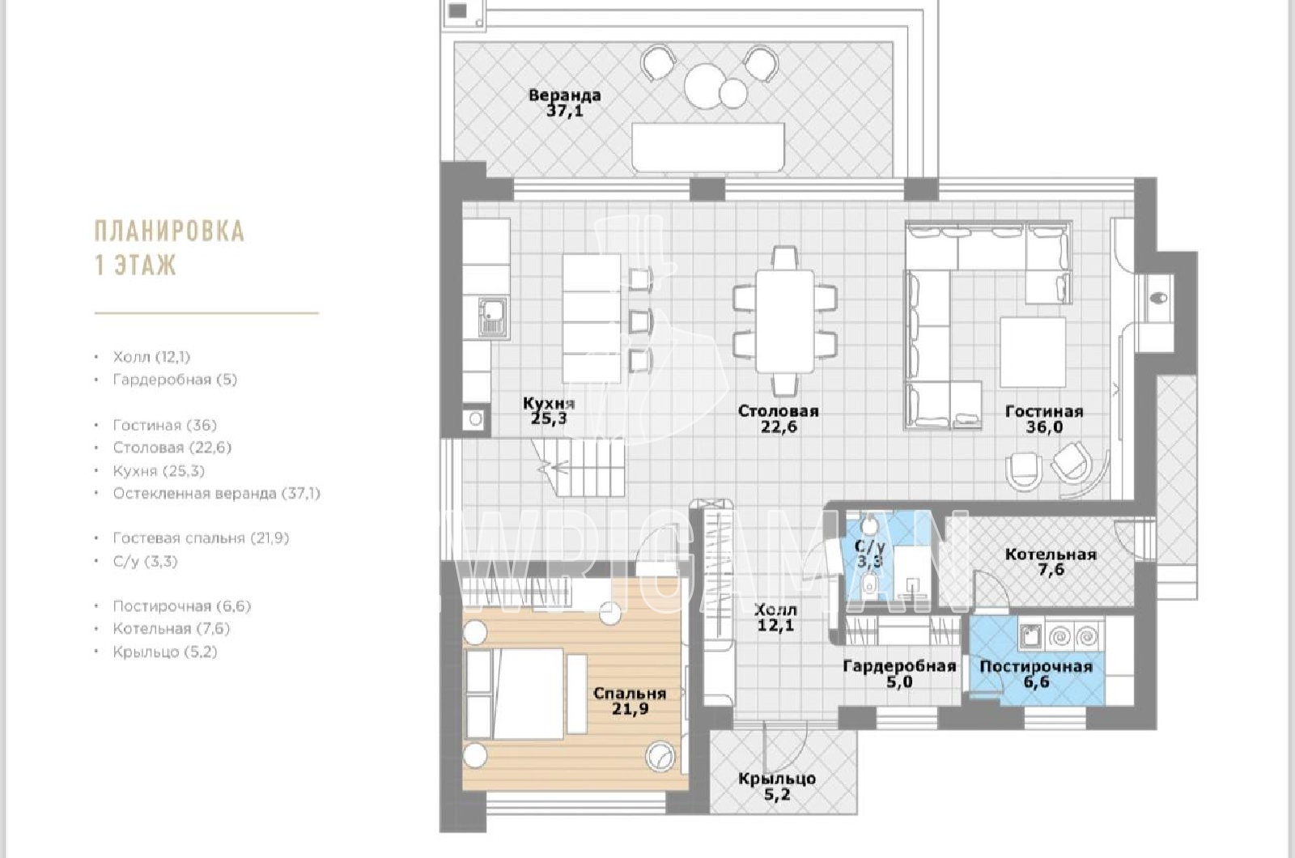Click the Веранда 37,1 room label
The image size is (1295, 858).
pos(565,103)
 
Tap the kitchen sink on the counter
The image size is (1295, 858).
pos(493,316)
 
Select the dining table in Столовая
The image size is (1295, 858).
pos(784,321)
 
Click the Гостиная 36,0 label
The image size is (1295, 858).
pos(1043,419)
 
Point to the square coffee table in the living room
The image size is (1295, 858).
pos(1033,351)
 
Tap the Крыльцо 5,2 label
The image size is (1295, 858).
pos(776,787)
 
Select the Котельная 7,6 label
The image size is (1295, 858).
pos(1051,562)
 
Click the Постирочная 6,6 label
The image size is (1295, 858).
pos(1036,674)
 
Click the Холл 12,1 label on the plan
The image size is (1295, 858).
pos(776,618)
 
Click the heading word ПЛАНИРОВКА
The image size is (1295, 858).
pos(169,231)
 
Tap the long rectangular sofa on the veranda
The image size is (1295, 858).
pos(708,147)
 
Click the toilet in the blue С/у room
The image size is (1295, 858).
pos(869,586)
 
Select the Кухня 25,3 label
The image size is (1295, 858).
pos(550,410)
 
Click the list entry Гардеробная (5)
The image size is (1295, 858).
pos(175,380)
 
